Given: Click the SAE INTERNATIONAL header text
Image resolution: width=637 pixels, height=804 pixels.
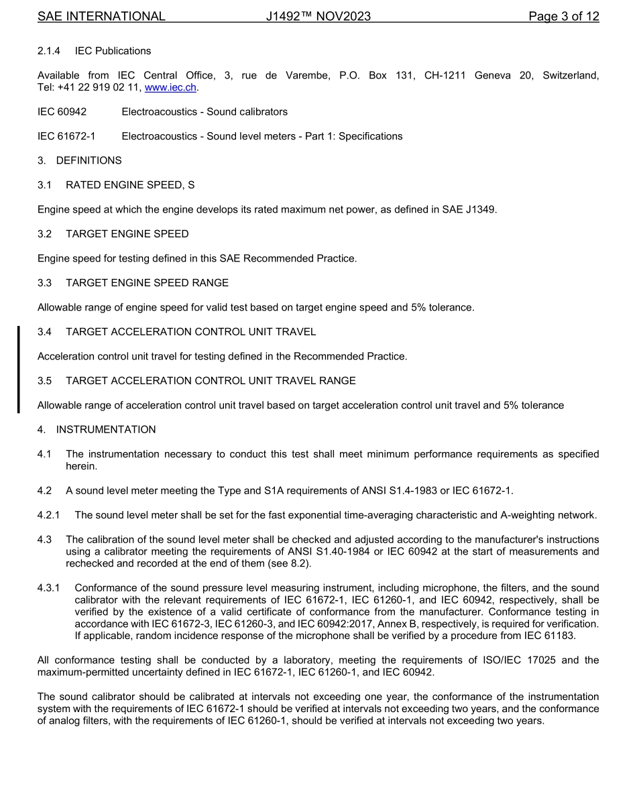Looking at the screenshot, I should coord(101,16).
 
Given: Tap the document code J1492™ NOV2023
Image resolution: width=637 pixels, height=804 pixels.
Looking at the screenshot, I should coord(318,16).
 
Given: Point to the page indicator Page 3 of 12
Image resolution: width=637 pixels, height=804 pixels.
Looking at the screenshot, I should coord(563,16).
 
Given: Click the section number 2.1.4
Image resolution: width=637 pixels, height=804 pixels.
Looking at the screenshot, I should coord(49,51).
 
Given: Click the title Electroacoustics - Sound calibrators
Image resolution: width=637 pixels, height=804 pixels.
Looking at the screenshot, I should coord(205,112).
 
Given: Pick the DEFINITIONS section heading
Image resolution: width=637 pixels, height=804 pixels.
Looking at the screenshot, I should coord(89,161).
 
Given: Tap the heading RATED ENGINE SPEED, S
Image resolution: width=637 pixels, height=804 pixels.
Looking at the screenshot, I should coord(130,185).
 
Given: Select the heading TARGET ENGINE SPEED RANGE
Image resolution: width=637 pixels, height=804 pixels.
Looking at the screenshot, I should coord(147,283).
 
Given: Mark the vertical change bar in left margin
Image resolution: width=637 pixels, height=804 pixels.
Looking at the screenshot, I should coord(19,369).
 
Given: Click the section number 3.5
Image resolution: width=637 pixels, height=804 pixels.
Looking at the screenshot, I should coord(45,381).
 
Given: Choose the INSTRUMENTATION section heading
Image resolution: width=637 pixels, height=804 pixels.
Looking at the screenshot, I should coord(106,430).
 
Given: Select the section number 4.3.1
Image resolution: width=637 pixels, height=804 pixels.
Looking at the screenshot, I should coord(49,588).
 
